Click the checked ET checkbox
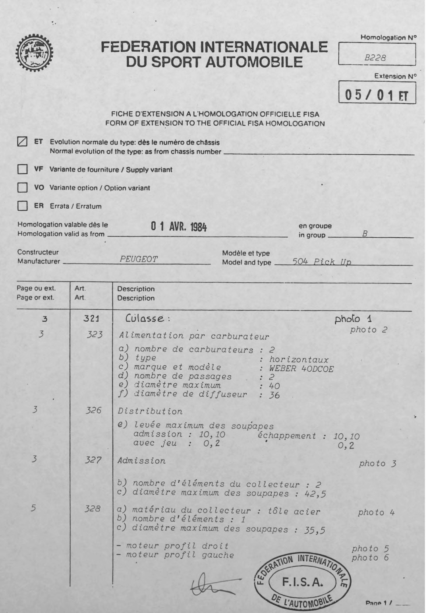tap(22, 142)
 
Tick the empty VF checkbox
tap(22, 169)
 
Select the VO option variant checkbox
tap(22, 188)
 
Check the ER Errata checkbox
tap(22, 206)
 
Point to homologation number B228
tap(375, 58)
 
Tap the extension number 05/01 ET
tap(376, 95)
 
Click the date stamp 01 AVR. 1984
tap(179, 227)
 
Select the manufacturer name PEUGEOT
tap(139, 259)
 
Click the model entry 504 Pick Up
tap(322, 262)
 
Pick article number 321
tap(91, 318)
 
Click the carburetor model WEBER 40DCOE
tap(301, 369)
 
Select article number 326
tap(93, 410)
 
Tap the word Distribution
tap(150, 411)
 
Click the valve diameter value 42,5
tap(308, 494)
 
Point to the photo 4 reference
tap(376, 512)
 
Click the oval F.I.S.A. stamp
tap(302, 583)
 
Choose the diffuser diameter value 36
tap(274, 395)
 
